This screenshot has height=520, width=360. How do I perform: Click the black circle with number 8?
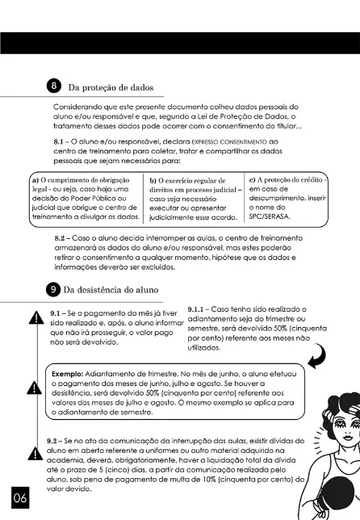coord(54,86)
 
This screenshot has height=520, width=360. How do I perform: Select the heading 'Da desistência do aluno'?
coord(117,289)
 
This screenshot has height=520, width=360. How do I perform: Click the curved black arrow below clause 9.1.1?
coord(316,354)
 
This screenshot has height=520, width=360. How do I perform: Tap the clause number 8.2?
coord(65,241)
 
